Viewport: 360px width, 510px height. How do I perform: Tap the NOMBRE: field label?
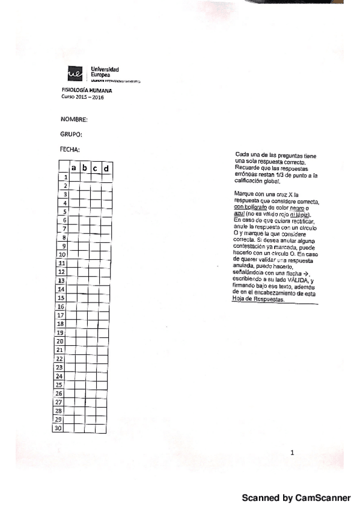tap(75, 120)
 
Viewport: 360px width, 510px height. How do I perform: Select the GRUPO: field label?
tap(71, 135)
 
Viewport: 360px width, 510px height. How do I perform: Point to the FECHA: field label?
tap(70, 149)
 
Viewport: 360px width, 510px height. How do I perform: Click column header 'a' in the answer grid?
tap(74, 168)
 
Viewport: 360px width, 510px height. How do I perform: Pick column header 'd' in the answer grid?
tap(106, 169)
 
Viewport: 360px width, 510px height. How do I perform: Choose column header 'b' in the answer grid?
tap(85, 168)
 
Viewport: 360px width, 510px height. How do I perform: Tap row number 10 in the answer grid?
tap(63, 255)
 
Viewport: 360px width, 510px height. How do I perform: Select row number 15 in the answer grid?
tap(61, 298)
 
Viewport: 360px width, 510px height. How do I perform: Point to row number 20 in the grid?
tap(60, 341)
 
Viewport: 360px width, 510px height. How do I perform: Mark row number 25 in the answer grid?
tap(59, 384)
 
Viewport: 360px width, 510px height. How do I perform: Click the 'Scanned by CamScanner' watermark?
tap(296, 498)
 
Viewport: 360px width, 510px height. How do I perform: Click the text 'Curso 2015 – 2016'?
tap(83, 97)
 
